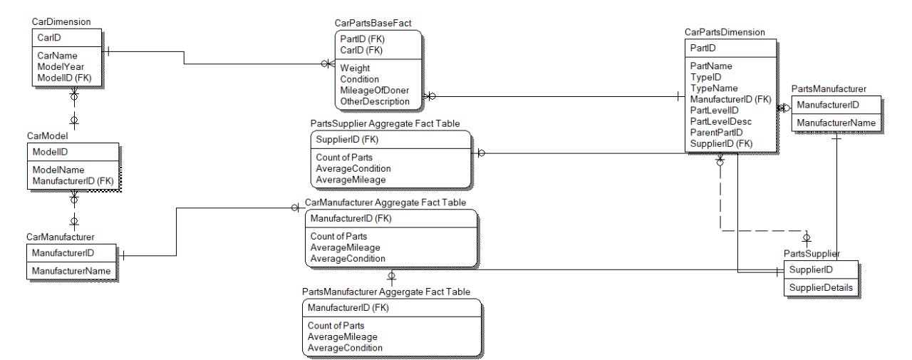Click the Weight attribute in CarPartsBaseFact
[x=354, y=68]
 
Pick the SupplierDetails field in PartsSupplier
[x=819, y=288]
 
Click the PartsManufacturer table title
[x=829, y=90]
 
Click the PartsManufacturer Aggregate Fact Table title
[x=386, y=292]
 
